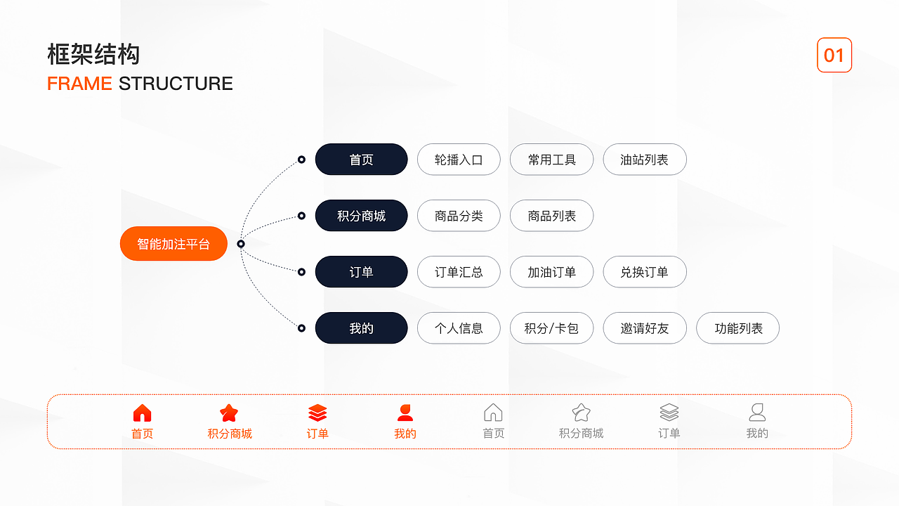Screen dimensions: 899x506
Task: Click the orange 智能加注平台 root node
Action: pos(173,244)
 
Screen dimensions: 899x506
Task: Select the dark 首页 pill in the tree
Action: pos(361,160)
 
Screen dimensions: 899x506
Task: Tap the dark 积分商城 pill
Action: pos(361,216)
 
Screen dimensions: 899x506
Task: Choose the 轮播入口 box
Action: pos(459,160)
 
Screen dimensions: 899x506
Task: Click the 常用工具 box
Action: pos(551,160)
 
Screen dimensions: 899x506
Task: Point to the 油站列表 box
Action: pos(644,160)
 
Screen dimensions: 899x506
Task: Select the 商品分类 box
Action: pos(459,216)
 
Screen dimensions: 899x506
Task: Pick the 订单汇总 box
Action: pos(459,272)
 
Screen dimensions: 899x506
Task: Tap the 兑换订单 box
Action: pos(644,272)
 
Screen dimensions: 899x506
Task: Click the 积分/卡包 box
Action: pos(551,328)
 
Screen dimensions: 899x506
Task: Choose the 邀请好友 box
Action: pos(644,328)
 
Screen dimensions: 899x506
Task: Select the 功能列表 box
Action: pos(737,328)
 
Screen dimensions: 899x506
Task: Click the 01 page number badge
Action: pos(834,56)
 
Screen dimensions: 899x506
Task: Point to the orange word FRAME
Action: pos(79,84)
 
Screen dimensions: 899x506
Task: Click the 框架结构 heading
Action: pos(93,54)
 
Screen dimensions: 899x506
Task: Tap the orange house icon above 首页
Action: pos(142,413)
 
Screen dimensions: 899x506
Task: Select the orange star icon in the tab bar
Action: pos(229,413)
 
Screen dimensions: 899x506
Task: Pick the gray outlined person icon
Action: pos(757,413)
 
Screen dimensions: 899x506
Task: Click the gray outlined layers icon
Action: pos(669,413)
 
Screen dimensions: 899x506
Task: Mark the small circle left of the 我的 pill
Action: pos(301,328)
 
